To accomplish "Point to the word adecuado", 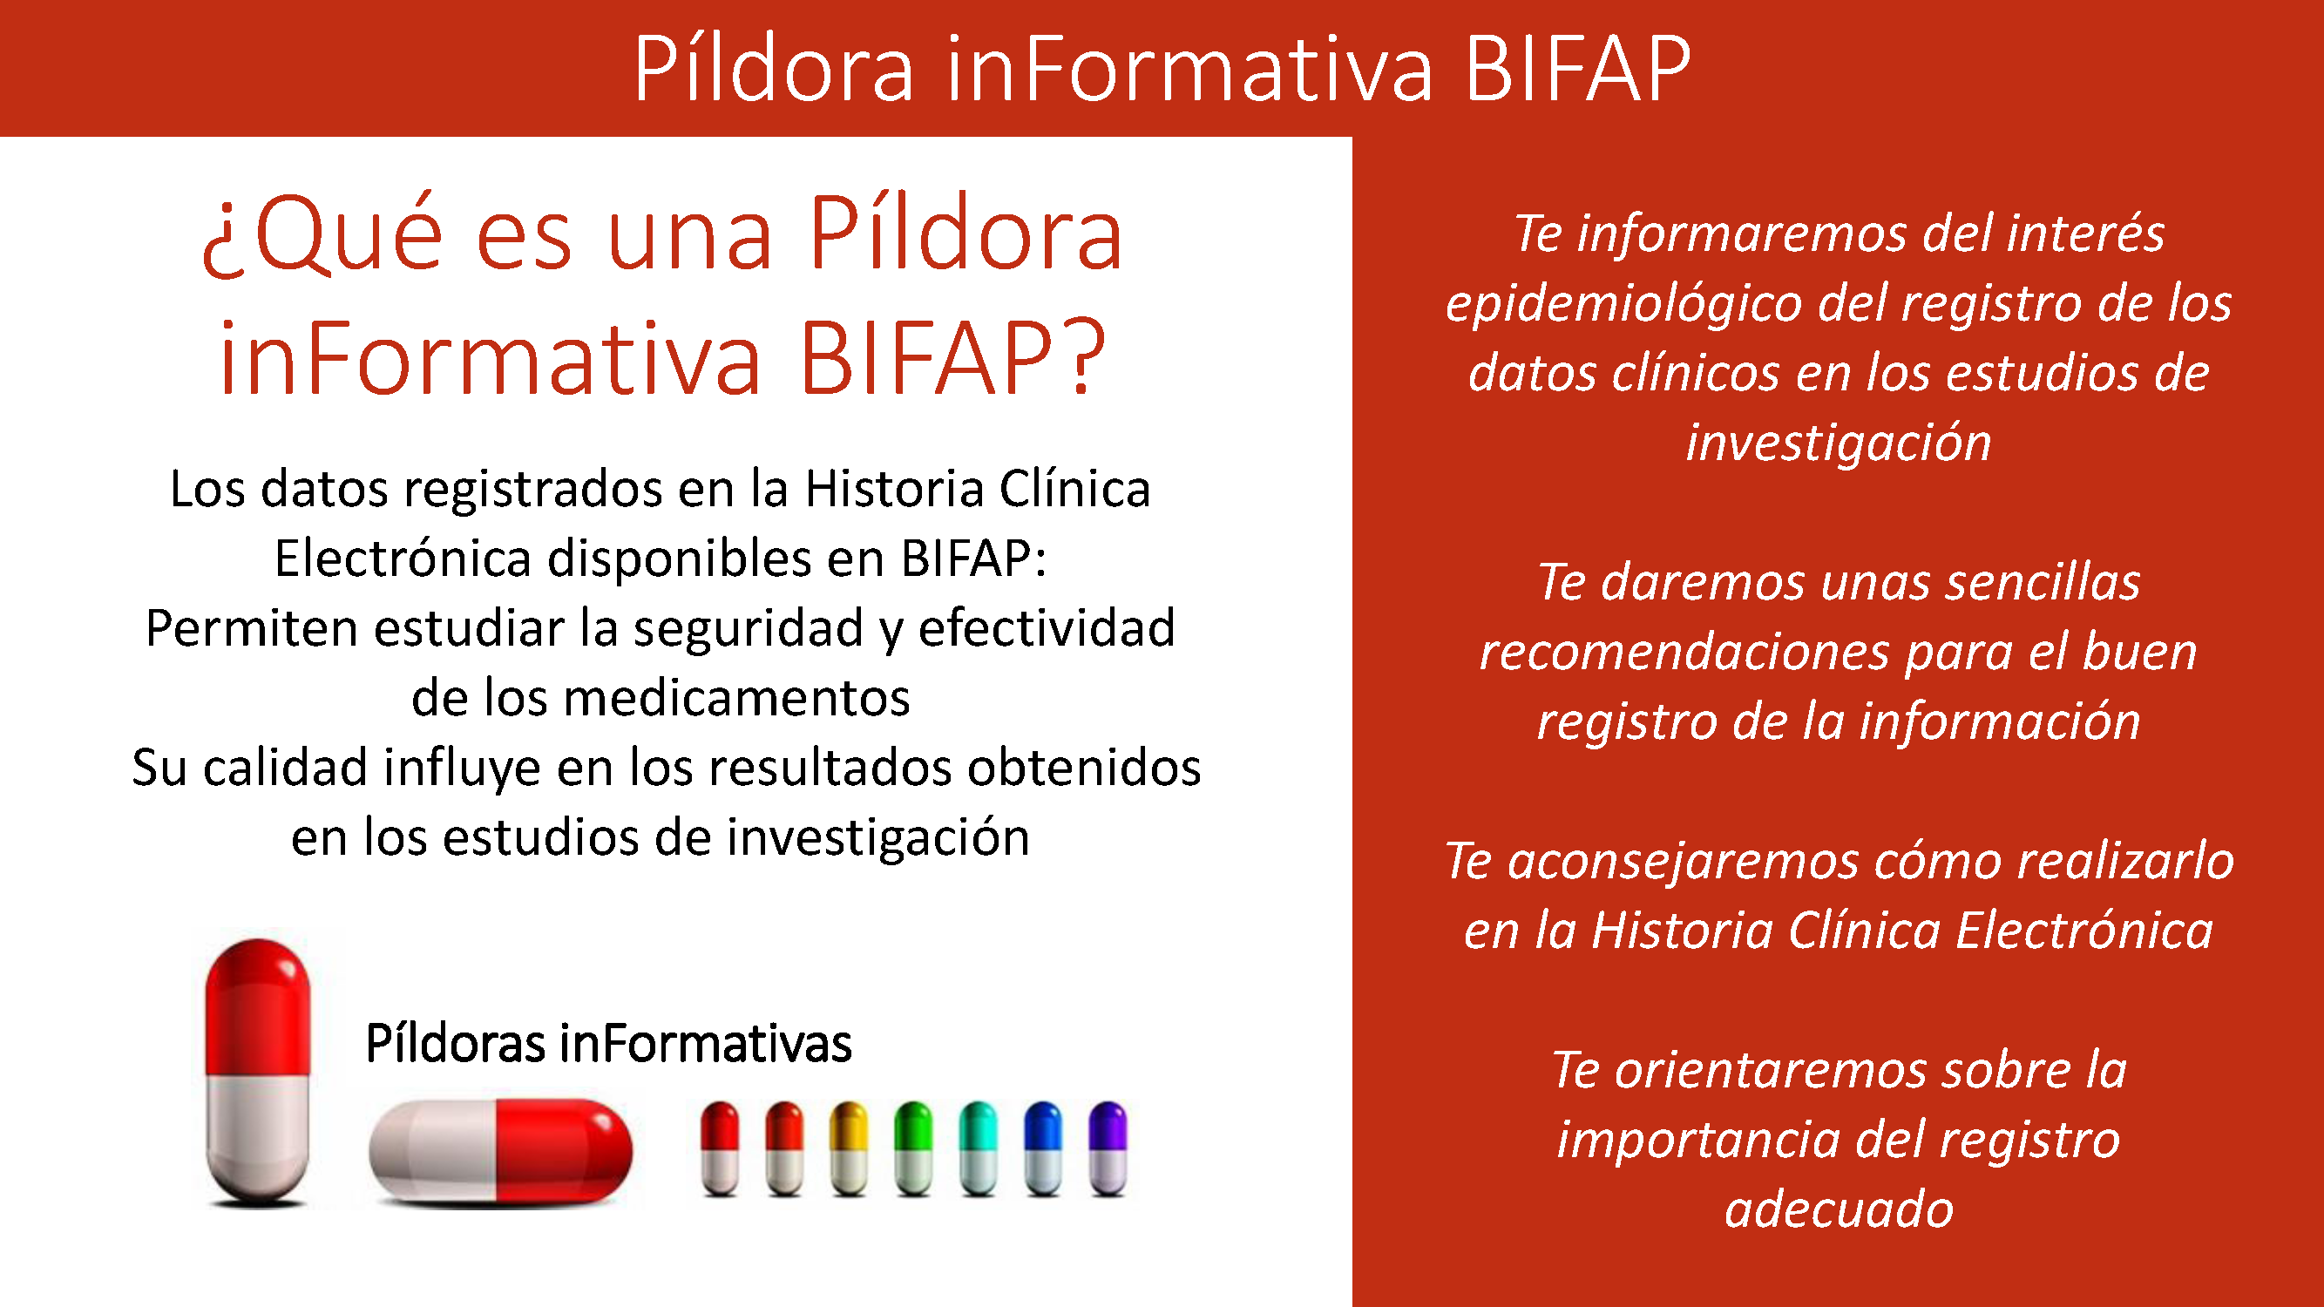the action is tap(1839, 1210).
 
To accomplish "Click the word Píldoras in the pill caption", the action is tap(456, 1044).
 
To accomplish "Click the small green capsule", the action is tap(913, 1148).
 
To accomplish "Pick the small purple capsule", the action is tap(1108, 1148).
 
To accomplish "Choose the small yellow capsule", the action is tap(849, 1148).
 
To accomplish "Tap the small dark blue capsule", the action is tap(1043, 1148).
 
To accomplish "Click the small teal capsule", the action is tap(978, 1148).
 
